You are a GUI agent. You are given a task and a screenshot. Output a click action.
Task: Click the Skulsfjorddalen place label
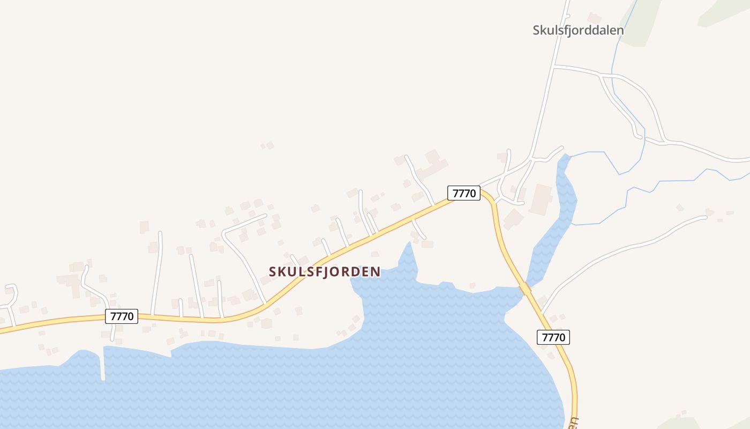pos(578,30)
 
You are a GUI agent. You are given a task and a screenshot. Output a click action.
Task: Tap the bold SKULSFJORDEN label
pos(325,272)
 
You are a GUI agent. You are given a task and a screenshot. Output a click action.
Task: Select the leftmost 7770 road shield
pos(122,316)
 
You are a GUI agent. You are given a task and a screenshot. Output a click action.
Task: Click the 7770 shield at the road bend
pos(464,193)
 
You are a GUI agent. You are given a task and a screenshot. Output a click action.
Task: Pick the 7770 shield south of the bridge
pos(553,337)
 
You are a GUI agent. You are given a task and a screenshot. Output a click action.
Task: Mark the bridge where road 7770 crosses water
pos(525,290)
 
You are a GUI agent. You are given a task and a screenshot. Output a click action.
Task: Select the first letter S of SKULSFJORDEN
pos(273,272)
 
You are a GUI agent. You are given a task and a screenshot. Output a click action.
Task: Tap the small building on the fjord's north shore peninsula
pos(472,285)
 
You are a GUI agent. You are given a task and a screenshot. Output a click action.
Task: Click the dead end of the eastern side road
pos(705,217)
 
